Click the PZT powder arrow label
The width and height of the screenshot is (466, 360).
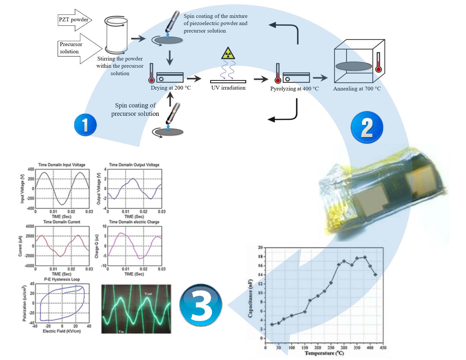coord(73,20)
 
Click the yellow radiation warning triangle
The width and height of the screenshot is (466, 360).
coord(228,53)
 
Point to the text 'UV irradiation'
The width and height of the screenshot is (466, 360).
coord(228,88)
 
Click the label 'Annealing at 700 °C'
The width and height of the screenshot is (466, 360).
coord(357,89)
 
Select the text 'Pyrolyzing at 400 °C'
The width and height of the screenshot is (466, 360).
coord(294,89)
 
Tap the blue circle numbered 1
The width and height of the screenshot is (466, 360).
coord(85,125)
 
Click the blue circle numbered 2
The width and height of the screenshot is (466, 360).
coord(367,127)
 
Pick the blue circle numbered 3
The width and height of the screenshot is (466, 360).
coord(201,305)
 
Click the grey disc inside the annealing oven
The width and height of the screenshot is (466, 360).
coord(353,66)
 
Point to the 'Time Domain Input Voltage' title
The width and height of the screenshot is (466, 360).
coord(62,165)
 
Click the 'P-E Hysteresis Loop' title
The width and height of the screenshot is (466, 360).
coord(62,279)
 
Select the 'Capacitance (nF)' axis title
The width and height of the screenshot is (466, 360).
coord(250,298)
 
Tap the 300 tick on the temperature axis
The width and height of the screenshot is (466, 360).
coord(344,348)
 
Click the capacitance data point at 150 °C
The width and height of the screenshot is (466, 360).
coord(305,312)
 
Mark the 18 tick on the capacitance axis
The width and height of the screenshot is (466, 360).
coord(260,256)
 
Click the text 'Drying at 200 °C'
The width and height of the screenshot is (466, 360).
coord(171,88)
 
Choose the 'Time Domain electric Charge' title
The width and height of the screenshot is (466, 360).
coord(134,222)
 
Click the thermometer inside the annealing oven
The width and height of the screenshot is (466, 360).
coord(378,62)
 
